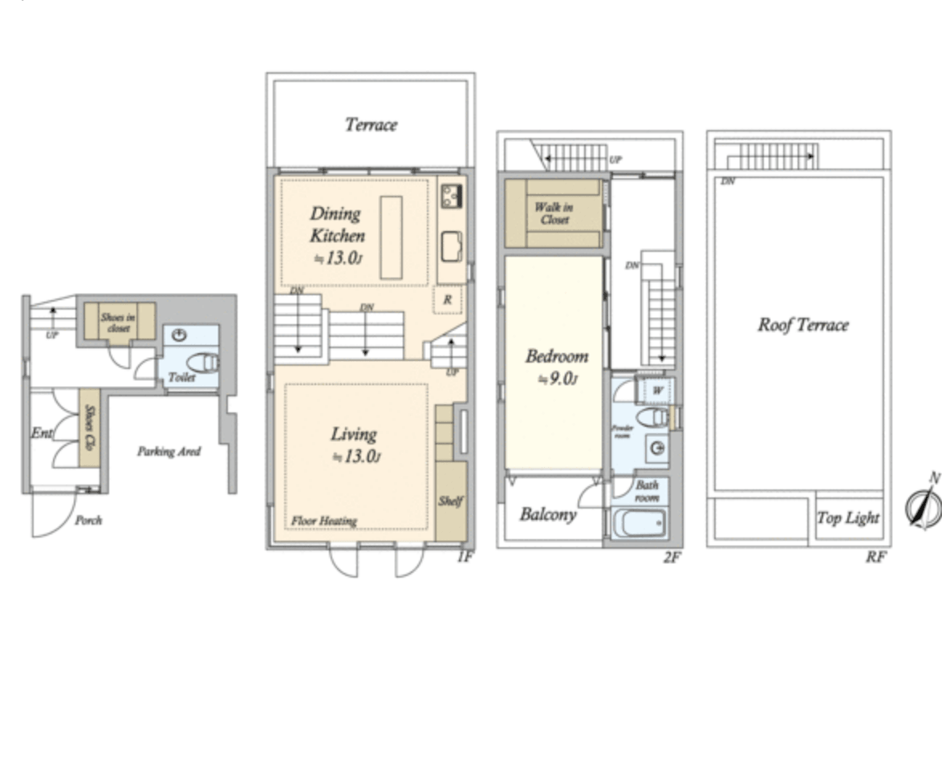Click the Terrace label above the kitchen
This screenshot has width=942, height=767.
click(x=371, y=124)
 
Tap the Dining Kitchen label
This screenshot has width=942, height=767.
click(x=337, y=225)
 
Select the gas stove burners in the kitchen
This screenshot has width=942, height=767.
click(x=452, y=195)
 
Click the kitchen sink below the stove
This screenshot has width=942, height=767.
click(x=452, y=246)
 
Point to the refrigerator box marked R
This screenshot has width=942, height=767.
click(x=446, y=299)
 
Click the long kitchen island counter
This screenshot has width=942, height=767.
click(x=392, y=237)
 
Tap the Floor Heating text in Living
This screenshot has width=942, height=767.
click(x=324, y=521)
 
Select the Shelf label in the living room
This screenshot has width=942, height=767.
click(x=450, y=501)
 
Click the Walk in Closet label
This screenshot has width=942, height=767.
click(x=554, y=213)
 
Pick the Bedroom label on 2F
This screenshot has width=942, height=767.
click(x=557, y=356)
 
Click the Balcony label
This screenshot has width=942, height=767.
click(x=548, y=514)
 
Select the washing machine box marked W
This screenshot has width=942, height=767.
click(x=656, y=391)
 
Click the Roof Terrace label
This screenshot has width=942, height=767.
click(x=802, y=325)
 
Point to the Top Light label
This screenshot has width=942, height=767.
click(x=848, y=518)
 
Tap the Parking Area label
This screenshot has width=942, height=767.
click(x=169, y=452)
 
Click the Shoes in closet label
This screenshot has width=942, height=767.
click(x=117, y=323)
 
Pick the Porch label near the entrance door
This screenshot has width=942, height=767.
click(x=88, y=520)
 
